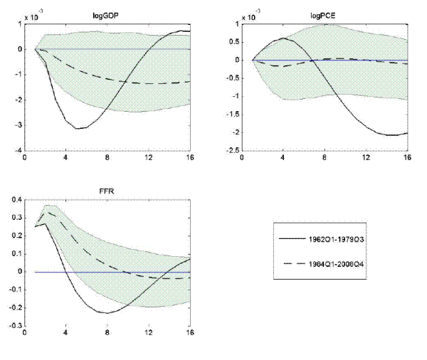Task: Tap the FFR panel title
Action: pyautogui.click(x=107, y=191)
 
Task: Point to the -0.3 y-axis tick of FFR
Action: pyautogui.click(x=13, y=327)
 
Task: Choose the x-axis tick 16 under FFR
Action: pyautogui.click(x=189, y=333)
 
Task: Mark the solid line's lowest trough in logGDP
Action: pyautogui.click(x=81, y=129)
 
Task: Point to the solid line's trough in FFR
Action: pyautogui.click(x=106, y=312)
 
